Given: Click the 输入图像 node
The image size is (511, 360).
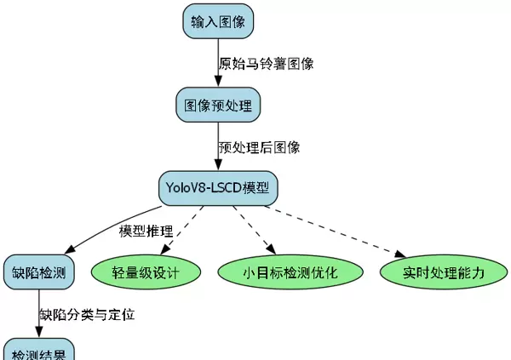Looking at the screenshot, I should tap(218, 21).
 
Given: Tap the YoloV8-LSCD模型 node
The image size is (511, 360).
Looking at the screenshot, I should tap(219, 187).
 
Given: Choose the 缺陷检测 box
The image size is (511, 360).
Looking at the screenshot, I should tap(37, 272).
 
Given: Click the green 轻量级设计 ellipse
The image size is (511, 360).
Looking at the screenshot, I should tap(146, 272).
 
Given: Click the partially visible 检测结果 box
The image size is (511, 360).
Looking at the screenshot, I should tap(37, 352).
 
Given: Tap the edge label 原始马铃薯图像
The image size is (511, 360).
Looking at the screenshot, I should tap(267, 64).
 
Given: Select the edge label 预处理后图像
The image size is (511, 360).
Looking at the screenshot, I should tap(259, 146).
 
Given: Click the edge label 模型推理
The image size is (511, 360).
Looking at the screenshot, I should tap(146, 231).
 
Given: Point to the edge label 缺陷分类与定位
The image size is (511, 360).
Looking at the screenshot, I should tap(87, 314).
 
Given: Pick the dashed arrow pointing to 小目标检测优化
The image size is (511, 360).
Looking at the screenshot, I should tap(254, 228).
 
